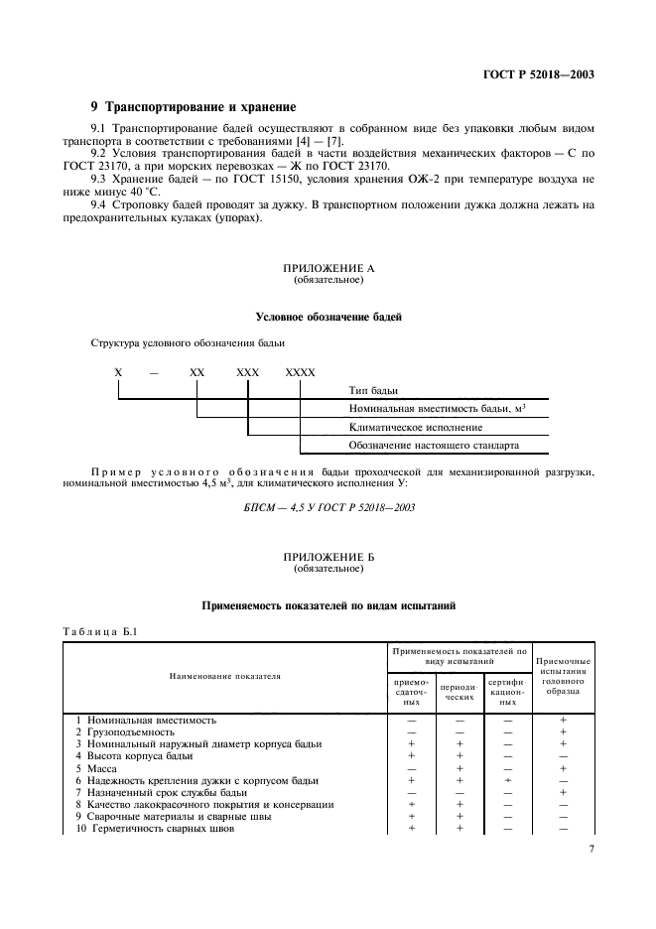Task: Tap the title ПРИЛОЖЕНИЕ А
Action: pos(328,269)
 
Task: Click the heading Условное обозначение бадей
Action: pos(328,317)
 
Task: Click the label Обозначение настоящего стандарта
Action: pos(434,445)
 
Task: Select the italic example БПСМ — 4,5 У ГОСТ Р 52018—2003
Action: pos(328,507)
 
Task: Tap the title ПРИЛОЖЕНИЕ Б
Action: pos(328,558)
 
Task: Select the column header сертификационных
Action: pos(506,691)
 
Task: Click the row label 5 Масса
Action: pos(97,768)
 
